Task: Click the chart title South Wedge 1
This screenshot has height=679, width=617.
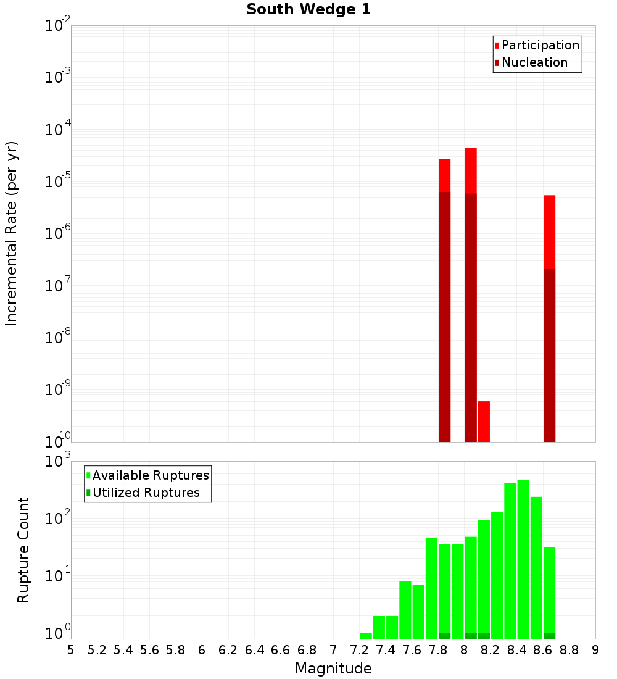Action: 308,10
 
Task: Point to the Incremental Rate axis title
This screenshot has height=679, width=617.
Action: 12,233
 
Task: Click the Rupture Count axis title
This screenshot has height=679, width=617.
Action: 23,549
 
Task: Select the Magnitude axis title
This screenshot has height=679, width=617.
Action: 333,669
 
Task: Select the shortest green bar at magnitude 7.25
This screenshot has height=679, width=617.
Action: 366,636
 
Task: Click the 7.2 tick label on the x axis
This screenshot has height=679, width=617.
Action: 360,650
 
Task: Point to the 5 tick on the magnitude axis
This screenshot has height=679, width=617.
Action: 71,650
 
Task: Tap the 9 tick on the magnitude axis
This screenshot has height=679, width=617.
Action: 595,650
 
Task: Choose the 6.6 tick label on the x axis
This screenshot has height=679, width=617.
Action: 281,650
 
